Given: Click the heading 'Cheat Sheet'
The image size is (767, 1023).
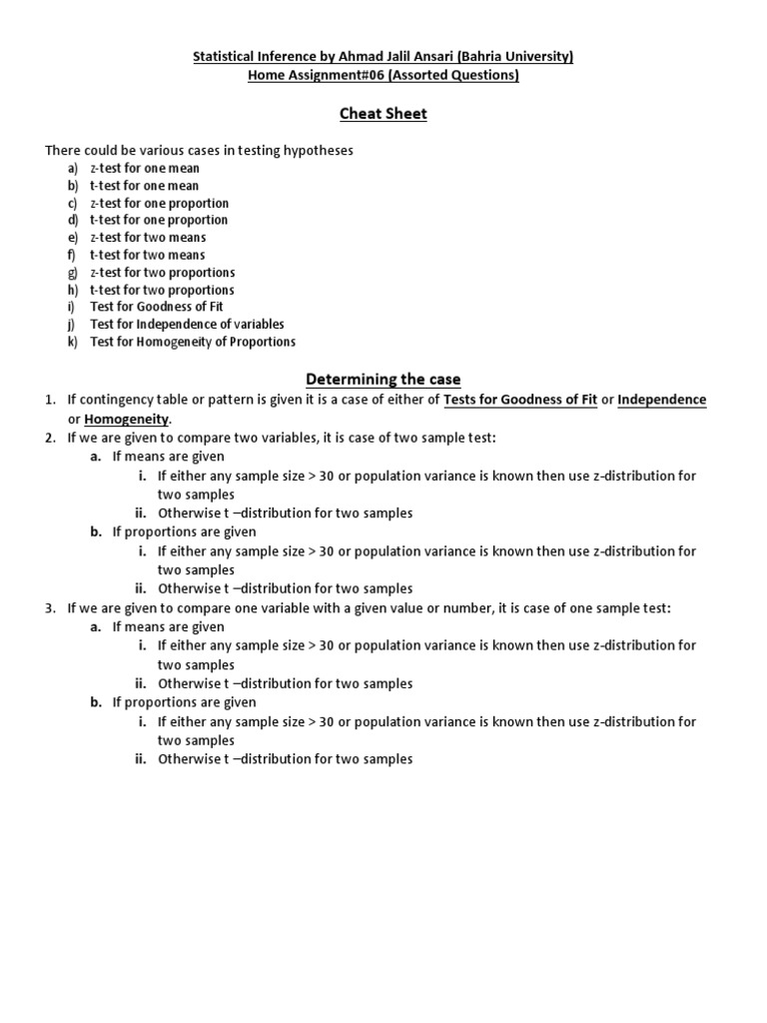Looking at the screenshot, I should pyautogui.click(x=383, y=114).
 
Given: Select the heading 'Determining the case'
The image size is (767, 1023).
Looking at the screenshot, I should pyautogui.click(x=383, y=380).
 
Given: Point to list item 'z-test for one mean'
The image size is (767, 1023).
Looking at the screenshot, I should pyautogui.click(x=145, y=168).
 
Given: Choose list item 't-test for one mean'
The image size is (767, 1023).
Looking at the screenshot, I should pyautogui.click(x=144, y=186).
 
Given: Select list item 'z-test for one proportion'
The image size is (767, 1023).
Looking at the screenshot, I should pyautogui.click(x=160, y=203).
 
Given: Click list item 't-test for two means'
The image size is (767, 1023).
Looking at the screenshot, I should pyautogui.click(x=148, y=255).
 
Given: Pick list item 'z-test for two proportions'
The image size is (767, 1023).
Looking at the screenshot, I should pyautogui.click(x=163, y=273).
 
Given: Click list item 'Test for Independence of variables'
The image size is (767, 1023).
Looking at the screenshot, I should pyautogui.click(x=187, y=324).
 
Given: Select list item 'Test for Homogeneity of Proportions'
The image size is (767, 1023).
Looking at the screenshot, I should pyautogui.click(x=193, y=342).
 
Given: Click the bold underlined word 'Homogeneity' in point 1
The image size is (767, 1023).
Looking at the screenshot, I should pyautogui.click(x=127, y=419).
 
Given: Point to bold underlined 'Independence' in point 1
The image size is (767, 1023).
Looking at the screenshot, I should pyautogui.click(x=661, y=400).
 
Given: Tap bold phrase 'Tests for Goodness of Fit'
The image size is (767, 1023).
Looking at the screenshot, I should pyautogui.click(x=520, y=400).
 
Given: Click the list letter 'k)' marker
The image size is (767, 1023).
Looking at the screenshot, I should pyautogui.click(x=73, y=342).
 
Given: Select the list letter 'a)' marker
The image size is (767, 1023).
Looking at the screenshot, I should pyautogui.click(x=73, y=168).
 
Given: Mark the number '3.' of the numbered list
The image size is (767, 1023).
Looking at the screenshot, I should pyautogui.click(x=50, y=608).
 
